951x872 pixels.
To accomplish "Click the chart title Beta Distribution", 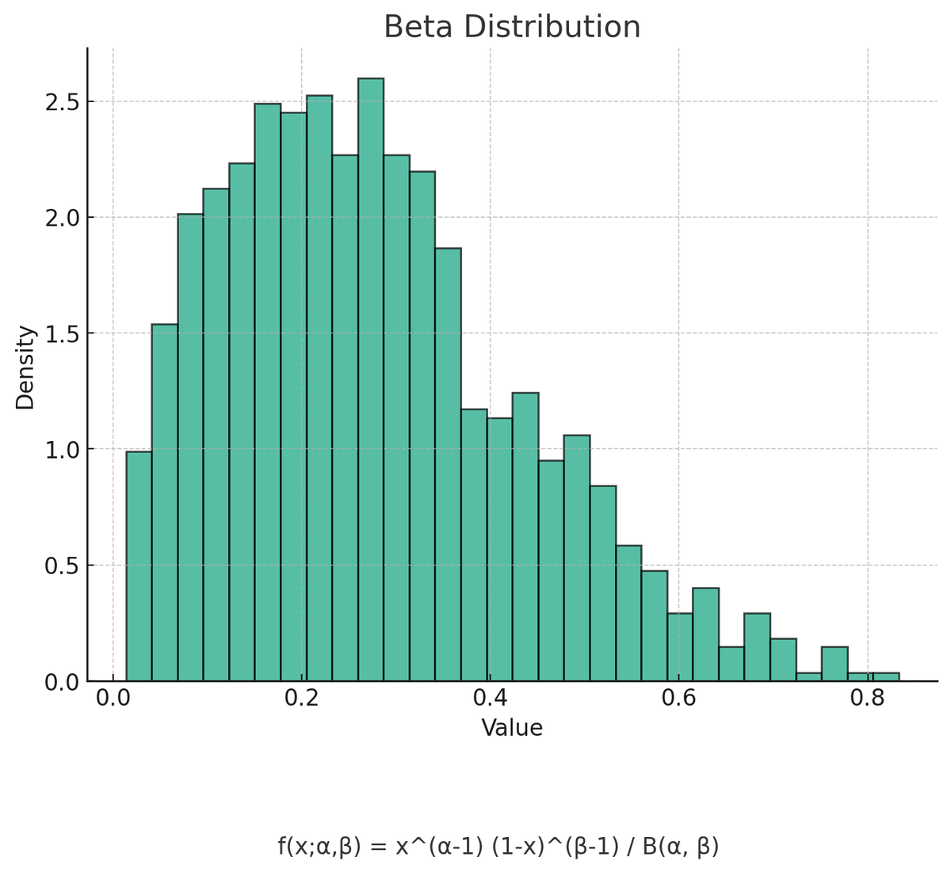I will coord(512,27).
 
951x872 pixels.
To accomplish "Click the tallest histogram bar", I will coord(371,380).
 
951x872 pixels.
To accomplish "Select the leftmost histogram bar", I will coord(139,566).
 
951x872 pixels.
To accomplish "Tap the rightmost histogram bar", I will coord(885,677).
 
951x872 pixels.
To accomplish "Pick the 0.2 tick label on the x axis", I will coord(301,699).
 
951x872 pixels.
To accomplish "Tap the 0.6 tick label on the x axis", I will coord(678,699).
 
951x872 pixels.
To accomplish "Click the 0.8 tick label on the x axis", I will coord(867,699).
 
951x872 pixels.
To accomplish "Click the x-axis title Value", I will coord(512,728).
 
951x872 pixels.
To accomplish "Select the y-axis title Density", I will coord(25,367).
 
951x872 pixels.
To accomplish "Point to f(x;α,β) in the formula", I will coord(319,847).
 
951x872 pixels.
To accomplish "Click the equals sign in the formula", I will coord(379,847).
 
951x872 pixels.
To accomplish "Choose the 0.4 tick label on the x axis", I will coord(490,699).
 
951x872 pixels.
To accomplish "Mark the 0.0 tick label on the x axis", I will coord(113,699).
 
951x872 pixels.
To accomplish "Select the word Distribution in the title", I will coord(552,27).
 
